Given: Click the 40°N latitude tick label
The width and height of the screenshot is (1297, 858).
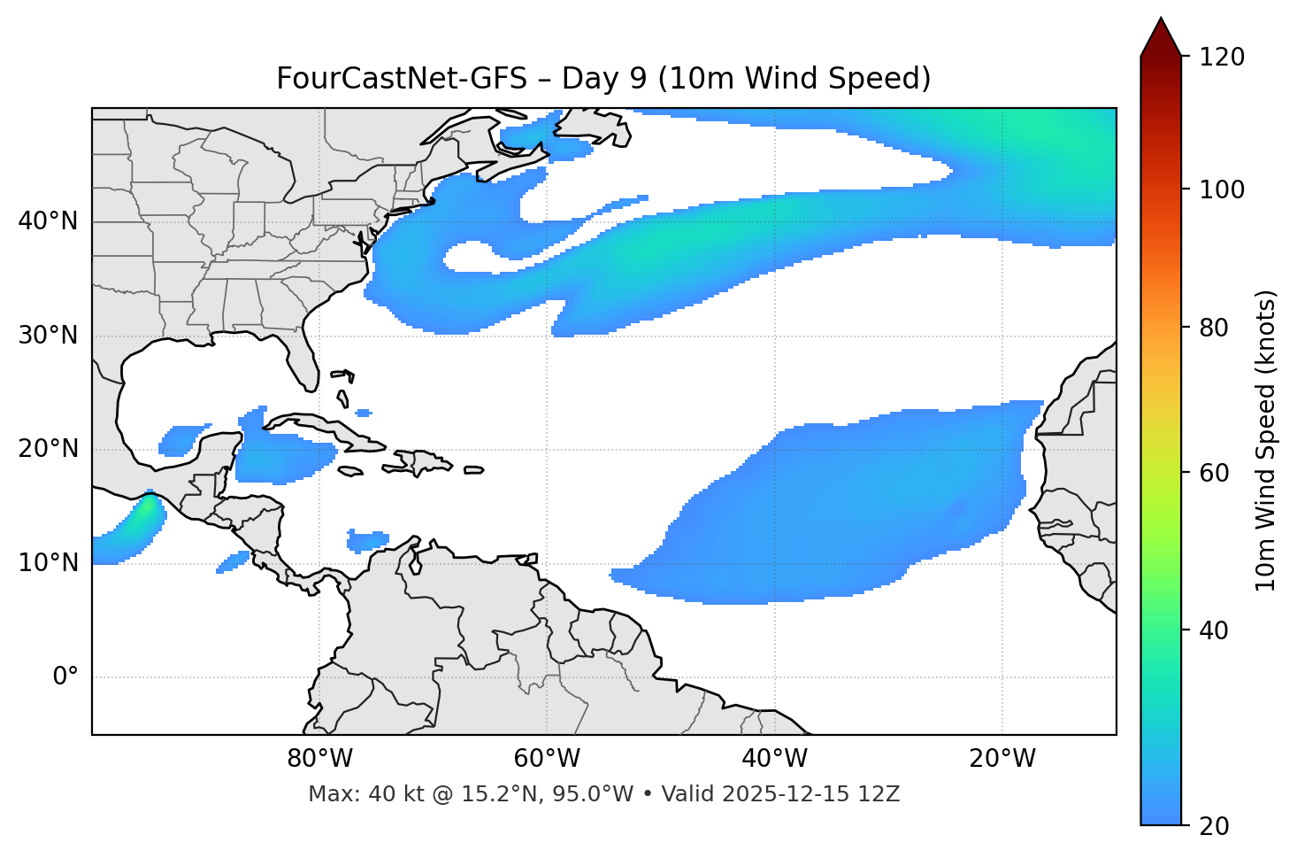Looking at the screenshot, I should (48, 221).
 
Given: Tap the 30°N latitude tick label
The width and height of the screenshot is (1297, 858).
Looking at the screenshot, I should (48, 336).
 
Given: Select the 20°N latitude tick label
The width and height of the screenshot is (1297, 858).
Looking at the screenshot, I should (48, 449).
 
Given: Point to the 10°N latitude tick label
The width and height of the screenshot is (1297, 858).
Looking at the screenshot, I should (48, 563).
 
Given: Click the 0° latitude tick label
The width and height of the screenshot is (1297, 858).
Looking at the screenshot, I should (65, 677).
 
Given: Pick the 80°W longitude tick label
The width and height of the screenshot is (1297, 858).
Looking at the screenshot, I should (319, 759).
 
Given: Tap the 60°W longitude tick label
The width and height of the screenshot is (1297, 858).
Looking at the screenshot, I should (547, 759).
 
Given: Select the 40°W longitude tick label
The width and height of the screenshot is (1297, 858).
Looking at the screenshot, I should (774, 759).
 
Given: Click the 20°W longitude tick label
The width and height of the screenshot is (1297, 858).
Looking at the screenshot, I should (1002, 759).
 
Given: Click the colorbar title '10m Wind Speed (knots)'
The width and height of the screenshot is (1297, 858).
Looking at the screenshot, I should (1266, 441).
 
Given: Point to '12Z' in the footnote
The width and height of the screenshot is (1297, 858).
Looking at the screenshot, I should (880, 794).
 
